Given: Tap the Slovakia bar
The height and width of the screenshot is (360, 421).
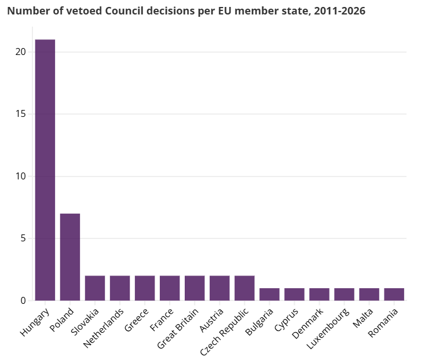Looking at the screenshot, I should [95, 288].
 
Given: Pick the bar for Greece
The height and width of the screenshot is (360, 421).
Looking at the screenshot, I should [145, 288].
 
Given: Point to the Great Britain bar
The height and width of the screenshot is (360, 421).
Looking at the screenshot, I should [195, 288].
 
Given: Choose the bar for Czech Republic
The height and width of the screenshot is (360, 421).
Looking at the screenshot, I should [244, 288].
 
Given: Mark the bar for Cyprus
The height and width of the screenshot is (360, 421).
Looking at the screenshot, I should [294, 294].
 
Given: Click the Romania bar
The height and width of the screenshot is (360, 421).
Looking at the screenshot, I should [394, 294].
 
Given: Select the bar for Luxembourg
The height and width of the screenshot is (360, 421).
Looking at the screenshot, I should [344, 294].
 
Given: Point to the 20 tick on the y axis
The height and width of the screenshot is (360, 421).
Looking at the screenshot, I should [21, 52].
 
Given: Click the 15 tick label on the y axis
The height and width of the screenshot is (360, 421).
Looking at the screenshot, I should [21, 114].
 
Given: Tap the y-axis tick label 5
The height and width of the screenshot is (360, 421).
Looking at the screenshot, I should [24, 238].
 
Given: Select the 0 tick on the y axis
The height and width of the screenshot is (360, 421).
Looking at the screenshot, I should [24, 300].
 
